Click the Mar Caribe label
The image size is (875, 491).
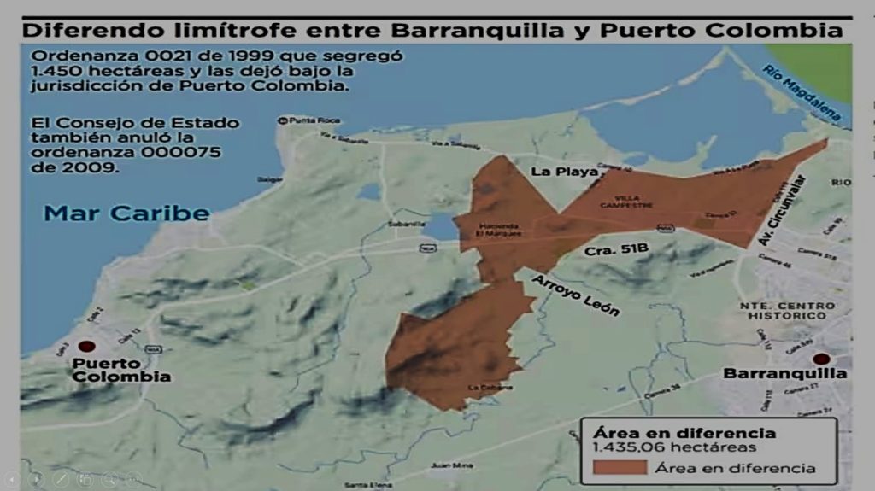[x=126, y=213]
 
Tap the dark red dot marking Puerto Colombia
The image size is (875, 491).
[x=87, y=347]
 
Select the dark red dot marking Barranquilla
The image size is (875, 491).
[x=821, y=359]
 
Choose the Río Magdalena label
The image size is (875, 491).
[x=802, y=91]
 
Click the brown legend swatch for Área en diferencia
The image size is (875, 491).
[x=619, y=467]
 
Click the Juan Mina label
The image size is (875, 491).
[x=451, y=465]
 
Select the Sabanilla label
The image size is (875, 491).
[x=406, y=224]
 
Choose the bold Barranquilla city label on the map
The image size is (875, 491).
[x=785, y=374]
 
